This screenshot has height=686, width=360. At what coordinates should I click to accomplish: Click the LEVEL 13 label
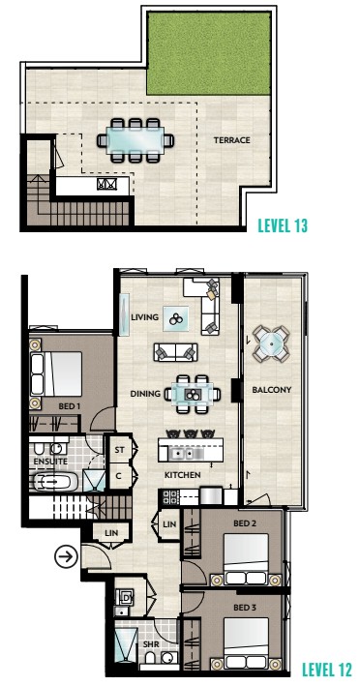(x=283, y=225)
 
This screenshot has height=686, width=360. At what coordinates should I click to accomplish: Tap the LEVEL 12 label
(x=326, y=669)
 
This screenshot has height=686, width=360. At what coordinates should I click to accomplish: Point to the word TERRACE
(x=232, y=140)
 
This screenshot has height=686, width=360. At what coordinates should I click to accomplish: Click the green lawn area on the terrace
(x=209, y=53)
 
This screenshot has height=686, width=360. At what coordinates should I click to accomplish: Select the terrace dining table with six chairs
(x=135, y=140)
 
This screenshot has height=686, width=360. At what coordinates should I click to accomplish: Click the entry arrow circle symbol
(x=66, y=556)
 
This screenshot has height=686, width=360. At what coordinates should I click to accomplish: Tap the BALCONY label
(x=272, y=390)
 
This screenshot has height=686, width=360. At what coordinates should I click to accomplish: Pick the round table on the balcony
(x=271, y=343)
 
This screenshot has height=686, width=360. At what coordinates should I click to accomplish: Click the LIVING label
(x=145, y=317)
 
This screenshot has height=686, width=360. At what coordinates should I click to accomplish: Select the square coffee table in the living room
(x=176, y=318)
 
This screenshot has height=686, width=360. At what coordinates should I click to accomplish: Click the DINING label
(x=145, y=394)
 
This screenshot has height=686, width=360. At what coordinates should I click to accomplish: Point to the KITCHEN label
(x=183, y=475)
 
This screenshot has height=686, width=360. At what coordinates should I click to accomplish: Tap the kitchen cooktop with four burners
(x=169, y=497)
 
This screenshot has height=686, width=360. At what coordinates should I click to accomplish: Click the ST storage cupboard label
(x=119, y=450)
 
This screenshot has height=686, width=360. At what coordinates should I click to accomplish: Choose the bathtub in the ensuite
(x=56, y=483)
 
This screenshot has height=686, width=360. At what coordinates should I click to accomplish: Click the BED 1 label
(x=69, y=406)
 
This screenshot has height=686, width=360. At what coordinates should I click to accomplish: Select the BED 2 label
(x=245, y=523)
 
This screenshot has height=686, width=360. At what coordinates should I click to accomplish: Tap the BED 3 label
(x=245, y=608)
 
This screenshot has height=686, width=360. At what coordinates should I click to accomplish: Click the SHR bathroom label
(x=150, y=644)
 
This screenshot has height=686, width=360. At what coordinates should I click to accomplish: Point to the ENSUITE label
(x=50, y=462)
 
